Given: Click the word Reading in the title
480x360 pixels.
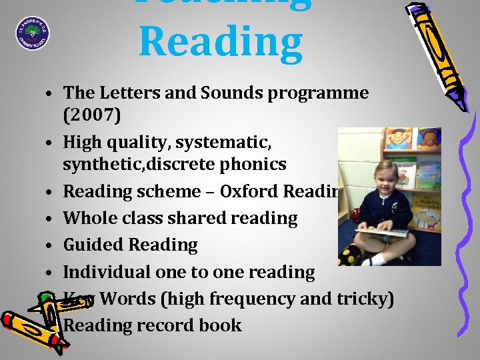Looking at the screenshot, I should coord(220,40).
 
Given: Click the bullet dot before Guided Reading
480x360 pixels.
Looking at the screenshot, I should coord(50,246).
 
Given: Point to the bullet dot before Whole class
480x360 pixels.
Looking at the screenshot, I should coord(50,219).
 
